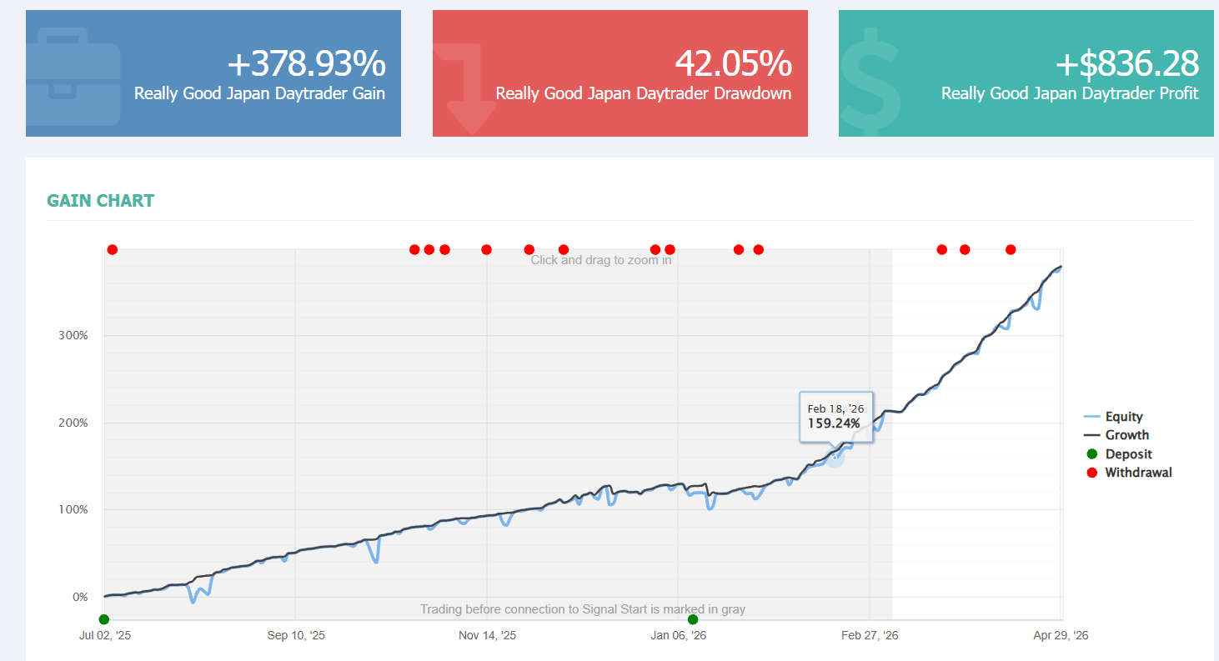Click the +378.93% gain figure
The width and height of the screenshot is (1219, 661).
click(307, 63)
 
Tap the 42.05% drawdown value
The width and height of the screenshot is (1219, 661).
click(734, 63)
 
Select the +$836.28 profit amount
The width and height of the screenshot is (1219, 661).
click(1127, 63)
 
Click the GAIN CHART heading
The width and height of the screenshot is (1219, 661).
click(101, 201)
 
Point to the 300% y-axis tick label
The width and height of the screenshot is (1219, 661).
click(73, 335)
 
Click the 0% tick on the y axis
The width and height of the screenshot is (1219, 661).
click(80, 597)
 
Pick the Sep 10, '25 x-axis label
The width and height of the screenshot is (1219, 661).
click(296, 635)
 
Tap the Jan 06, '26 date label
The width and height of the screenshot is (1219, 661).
click(678, 635)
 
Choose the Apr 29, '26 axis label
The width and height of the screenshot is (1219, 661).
click(1061, 635)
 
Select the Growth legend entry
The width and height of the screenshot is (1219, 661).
click(1116, 434)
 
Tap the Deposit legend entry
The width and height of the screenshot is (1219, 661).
click(1119, 453)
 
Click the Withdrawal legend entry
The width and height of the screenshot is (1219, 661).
click(1129, 473)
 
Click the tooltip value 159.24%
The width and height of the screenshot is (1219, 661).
click(834, 423)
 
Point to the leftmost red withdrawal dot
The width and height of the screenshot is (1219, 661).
click(112, 250)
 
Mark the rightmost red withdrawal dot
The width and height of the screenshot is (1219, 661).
click(1011, 250)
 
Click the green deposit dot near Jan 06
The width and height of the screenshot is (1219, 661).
click(693, 619)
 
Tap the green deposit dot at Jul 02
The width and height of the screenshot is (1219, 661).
click(104, 619)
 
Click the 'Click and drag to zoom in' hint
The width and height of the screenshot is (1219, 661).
click(601, 260)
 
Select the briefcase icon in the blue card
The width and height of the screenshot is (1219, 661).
click(73, 76)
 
